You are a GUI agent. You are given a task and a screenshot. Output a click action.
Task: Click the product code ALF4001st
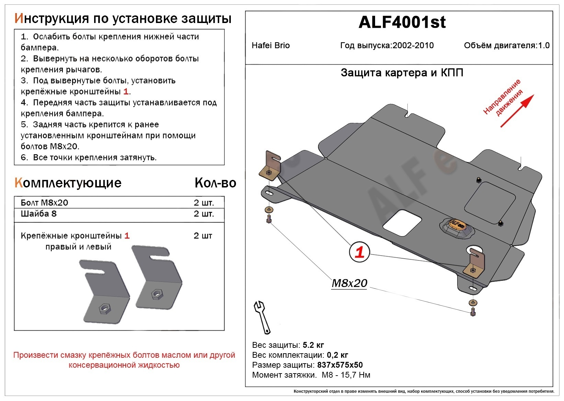(402, 23)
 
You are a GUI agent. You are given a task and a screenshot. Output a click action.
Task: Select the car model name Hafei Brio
(271, 46)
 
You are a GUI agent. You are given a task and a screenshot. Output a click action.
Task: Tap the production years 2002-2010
(413, 46)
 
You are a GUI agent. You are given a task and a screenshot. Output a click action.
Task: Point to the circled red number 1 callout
(359, 252)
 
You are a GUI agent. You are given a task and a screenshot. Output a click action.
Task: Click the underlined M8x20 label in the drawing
(349, 283)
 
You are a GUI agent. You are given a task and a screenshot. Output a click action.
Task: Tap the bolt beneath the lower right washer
(473, 312)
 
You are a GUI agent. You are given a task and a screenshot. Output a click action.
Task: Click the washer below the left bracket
(269, 210)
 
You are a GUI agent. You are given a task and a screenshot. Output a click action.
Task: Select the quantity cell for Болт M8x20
(203, 203)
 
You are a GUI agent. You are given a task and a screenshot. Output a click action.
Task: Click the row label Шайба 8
(38, 214)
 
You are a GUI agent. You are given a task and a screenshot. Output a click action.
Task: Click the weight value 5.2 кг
(313, 345)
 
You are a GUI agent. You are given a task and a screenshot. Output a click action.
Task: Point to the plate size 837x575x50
(340, 365)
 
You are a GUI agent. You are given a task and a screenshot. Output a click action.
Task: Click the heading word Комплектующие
(68, 183)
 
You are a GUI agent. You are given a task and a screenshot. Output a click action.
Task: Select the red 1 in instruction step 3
(126, 92)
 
